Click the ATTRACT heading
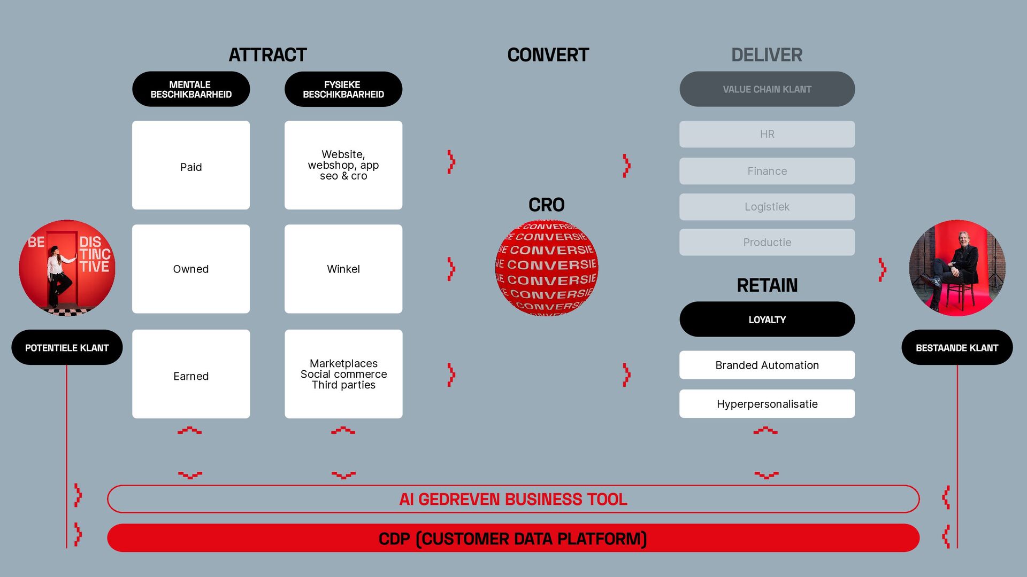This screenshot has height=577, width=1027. click(x=267, y=54)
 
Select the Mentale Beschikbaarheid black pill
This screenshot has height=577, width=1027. click(x=191, y=89)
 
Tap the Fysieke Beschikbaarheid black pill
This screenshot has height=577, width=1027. click(x=343, y=89)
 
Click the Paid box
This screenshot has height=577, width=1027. click(x=191, y=166)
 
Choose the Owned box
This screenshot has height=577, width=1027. click(x=191, y=269)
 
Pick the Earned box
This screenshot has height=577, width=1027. click(x=191, y=375)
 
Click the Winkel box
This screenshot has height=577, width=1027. click(x=343, y=269)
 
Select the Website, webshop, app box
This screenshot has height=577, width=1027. click(x=343, y=165)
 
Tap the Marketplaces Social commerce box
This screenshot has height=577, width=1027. click(x=343, y=374)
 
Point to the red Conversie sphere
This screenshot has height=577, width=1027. click(x=547, y=268)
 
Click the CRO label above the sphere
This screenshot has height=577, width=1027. click(x=547, y=205)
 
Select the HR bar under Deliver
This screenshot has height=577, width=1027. click(x=767, y=134)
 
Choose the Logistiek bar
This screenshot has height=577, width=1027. click(x=767, y=207)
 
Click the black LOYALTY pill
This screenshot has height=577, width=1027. click(x=767, y=319)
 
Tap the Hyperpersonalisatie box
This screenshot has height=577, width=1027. click(x=767, y=404)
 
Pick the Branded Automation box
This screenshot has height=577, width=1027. click(x=767, y=365)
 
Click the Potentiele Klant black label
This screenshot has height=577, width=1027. click(x=67, y=348)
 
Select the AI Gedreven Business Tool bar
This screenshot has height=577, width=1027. click(x=513, y=499)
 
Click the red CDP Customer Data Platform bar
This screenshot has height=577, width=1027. click(x=513, y=539)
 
